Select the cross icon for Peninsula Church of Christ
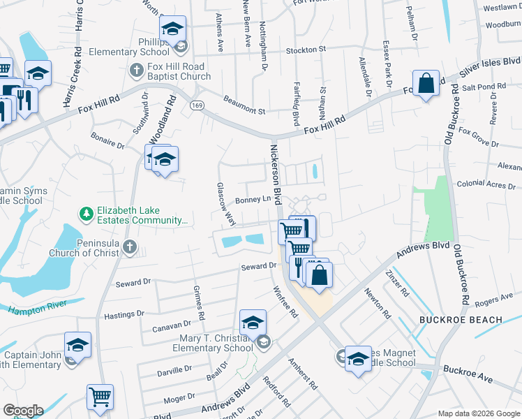coord(130,247)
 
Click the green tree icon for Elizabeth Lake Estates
coord(87,214)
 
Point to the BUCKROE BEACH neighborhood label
coord(461,320)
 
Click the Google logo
coord(23,411)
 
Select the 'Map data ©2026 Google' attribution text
coord(478,413)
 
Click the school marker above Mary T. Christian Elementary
coord(253,323)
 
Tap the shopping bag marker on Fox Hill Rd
coord(426,84)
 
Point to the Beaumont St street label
coord(244,106)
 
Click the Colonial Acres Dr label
coord(485,185)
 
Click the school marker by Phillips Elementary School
coord(172,30)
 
